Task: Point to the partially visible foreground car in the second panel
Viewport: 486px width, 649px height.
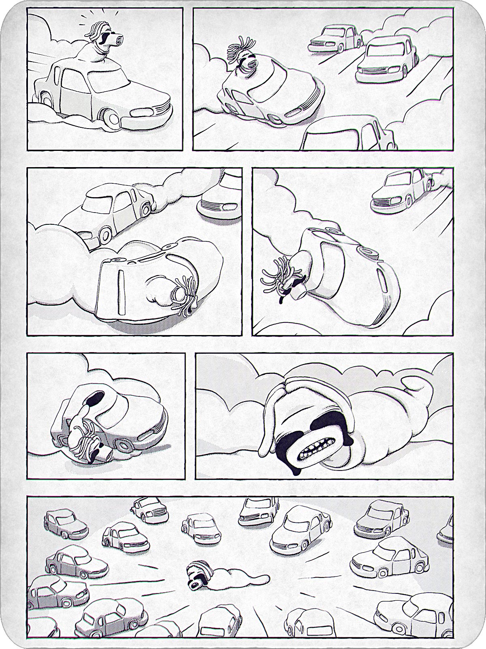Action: pos(348,134)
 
